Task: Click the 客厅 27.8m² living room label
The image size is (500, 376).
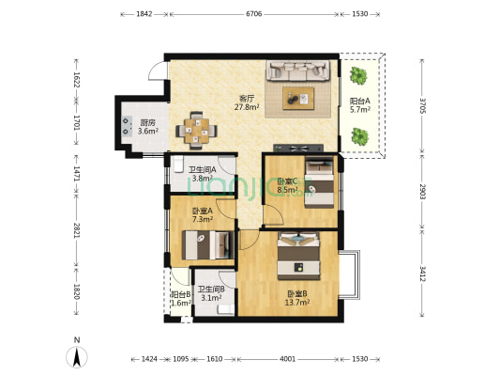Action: (x=247, y=102)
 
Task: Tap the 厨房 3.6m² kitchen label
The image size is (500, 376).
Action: (x=148, y=127)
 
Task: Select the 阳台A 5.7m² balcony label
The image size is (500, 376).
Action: (x=360, y=105)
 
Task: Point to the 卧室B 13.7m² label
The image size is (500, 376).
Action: (x=296, y=298)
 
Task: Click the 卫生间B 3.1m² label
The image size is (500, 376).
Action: (x=211, y=293)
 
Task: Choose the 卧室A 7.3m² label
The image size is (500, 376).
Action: (x=203, y=215)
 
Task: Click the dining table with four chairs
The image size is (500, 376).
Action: (x=196, y=131)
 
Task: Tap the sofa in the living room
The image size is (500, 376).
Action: (x=298, y=70)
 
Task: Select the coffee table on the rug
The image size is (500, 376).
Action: (x=298, y=99)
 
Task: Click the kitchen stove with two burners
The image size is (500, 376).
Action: (x=127, y=126)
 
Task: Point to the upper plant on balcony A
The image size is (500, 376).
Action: (x=358, y=76)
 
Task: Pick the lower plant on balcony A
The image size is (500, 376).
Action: (x=359, y=136)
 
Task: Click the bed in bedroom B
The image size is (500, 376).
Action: (x=298, y=256)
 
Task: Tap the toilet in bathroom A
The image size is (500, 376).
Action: (x=178, y=164)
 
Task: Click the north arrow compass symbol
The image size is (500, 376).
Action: (x=77, y=356)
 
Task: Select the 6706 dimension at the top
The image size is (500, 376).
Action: (x=254, y=14)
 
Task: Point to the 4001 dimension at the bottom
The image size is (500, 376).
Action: (x=287, y=359)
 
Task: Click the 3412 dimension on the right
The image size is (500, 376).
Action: (x=422, y=274)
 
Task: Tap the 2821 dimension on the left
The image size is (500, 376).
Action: (x=77, y=230)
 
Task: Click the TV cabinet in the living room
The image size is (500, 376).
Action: (x=298, y=149)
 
